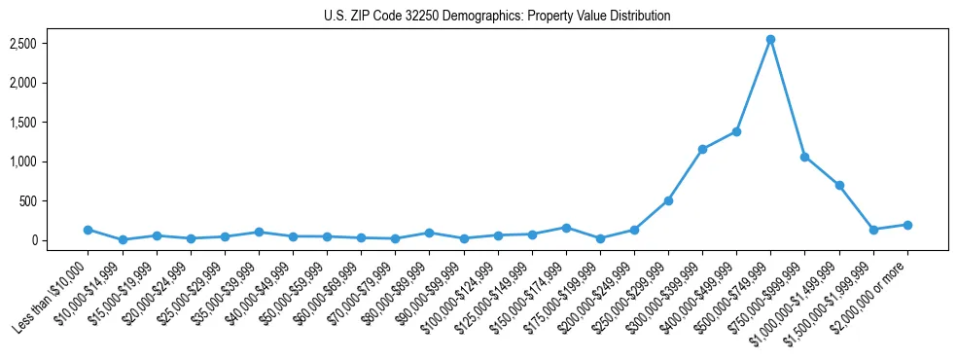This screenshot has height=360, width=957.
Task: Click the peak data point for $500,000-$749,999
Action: click(x=770, y=40)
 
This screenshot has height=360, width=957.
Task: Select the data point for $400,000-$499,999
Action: click(x=736, y=131)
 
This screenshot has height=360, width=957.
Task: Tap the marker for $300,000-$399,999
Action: click(x=702, y=149)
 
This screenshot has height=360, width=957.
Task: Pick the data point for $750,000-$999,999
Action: click(x=804, y=157)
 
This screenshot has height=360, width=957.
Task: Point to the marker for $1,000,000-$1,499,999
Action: click(x=839, y=185)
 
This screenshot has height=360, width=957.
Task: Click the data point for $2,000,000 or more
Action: click(x=907, y=225)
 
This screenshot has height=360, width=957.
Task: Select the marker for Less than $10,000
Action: click(x=88, y=230)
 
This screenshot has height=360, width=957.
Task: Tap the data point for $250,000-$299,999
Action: click(x=668, y=200)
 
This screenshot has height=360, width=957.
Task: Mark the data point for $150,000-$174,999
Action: click(x=566, y=228)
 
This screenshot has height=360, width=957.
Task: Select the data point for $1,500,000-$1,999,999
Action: click(x=873, y=230)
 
